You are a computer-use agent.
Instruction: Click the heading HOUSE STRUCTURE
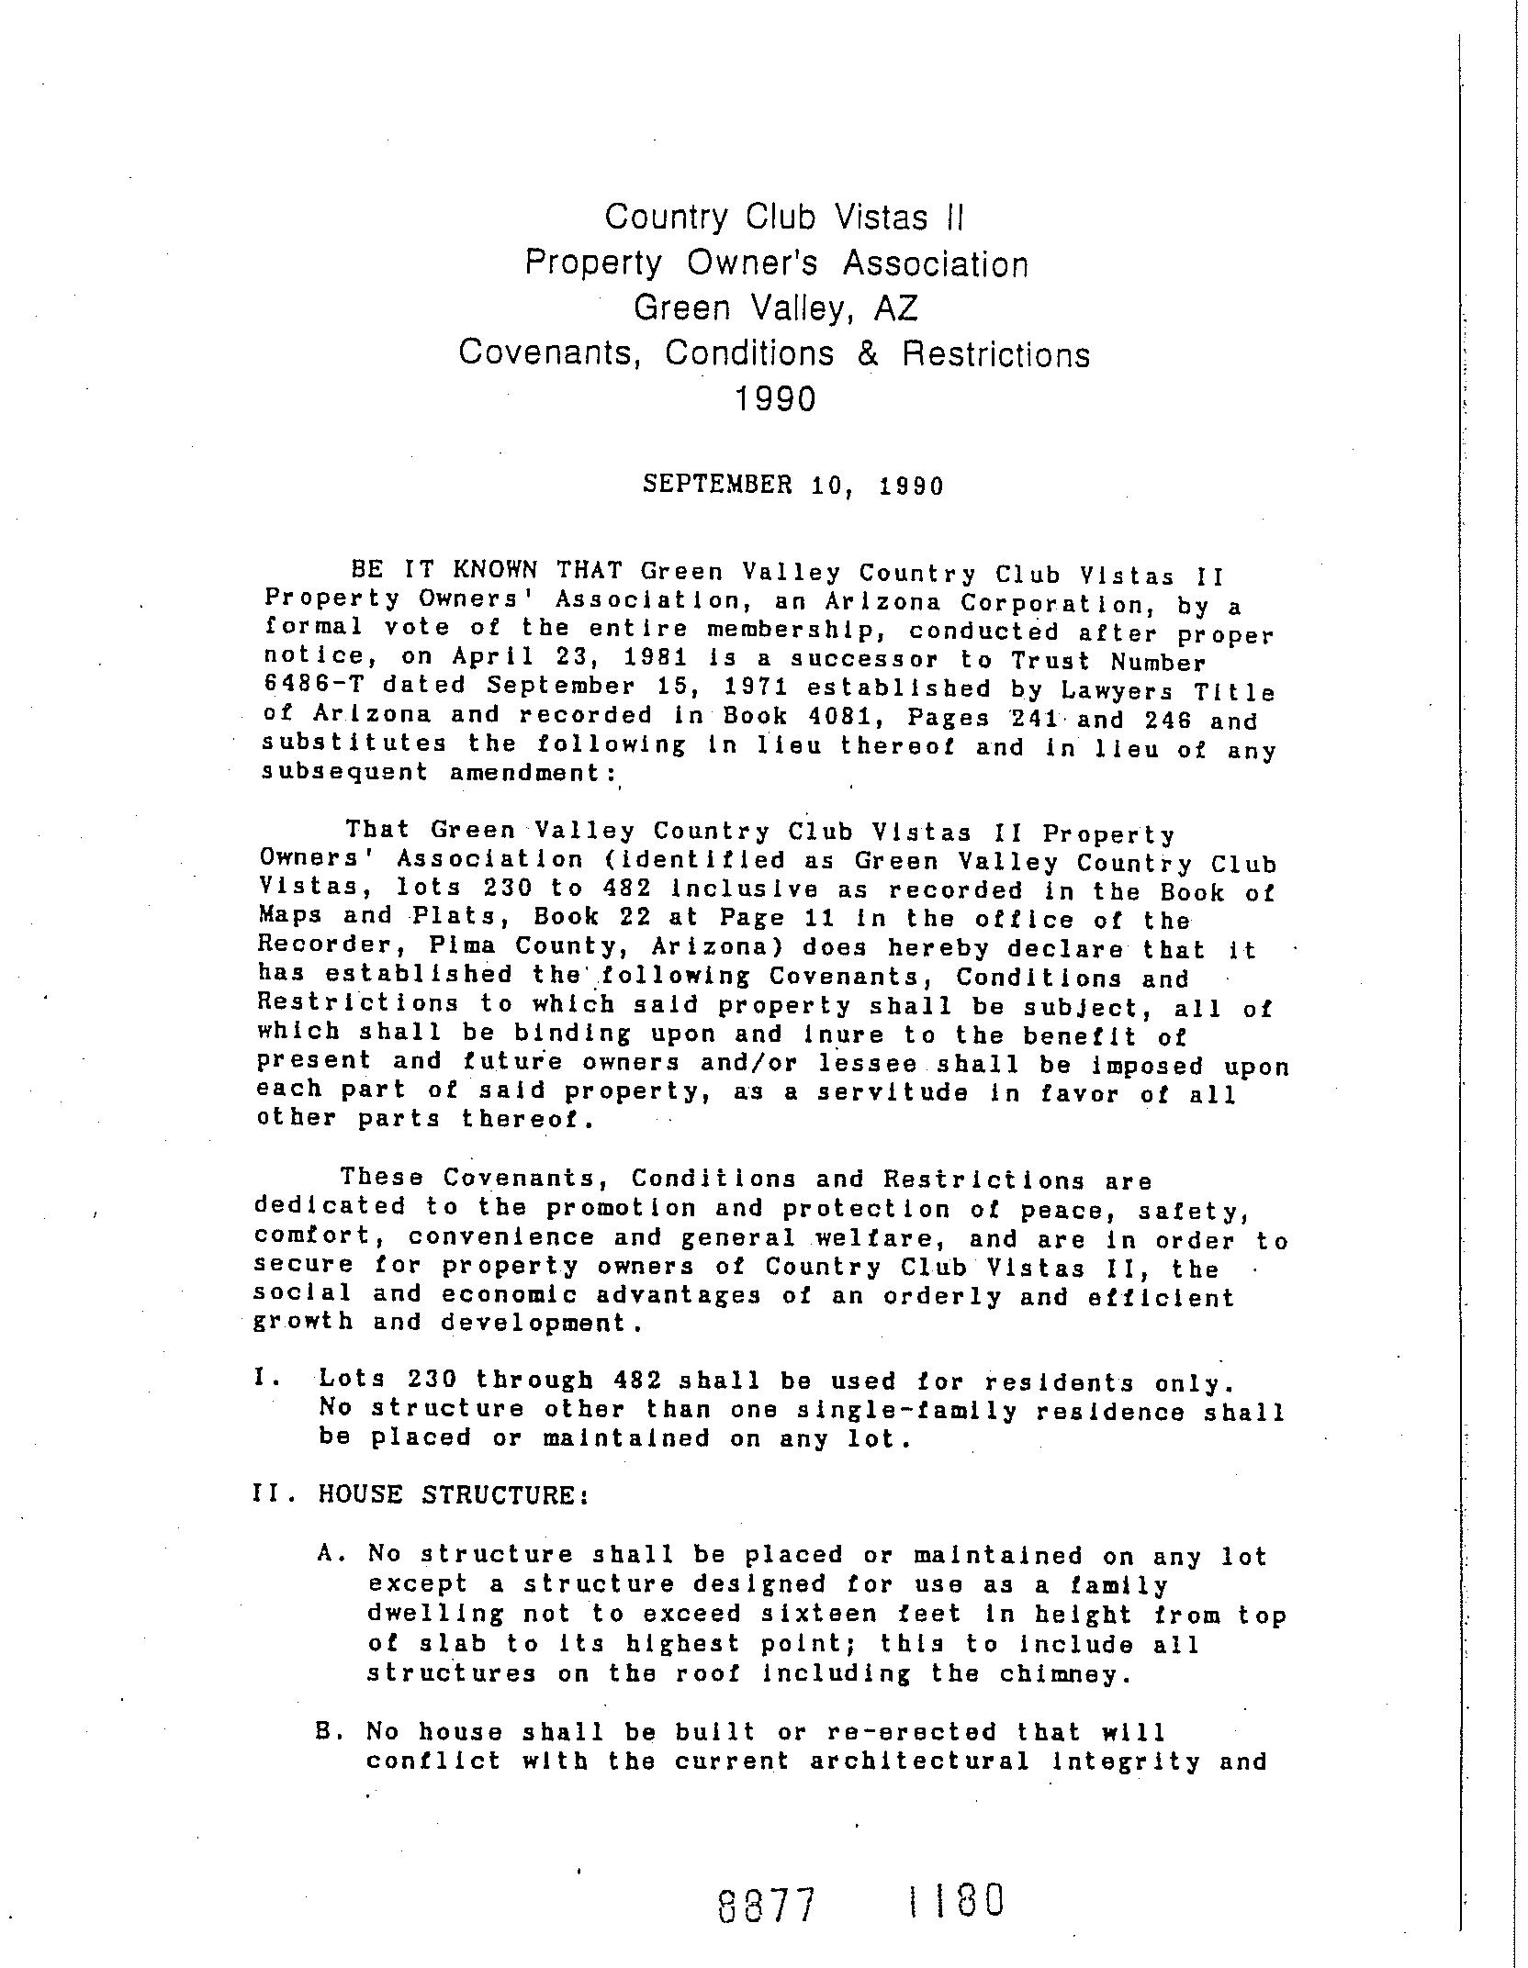(x=452, y=1495)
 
